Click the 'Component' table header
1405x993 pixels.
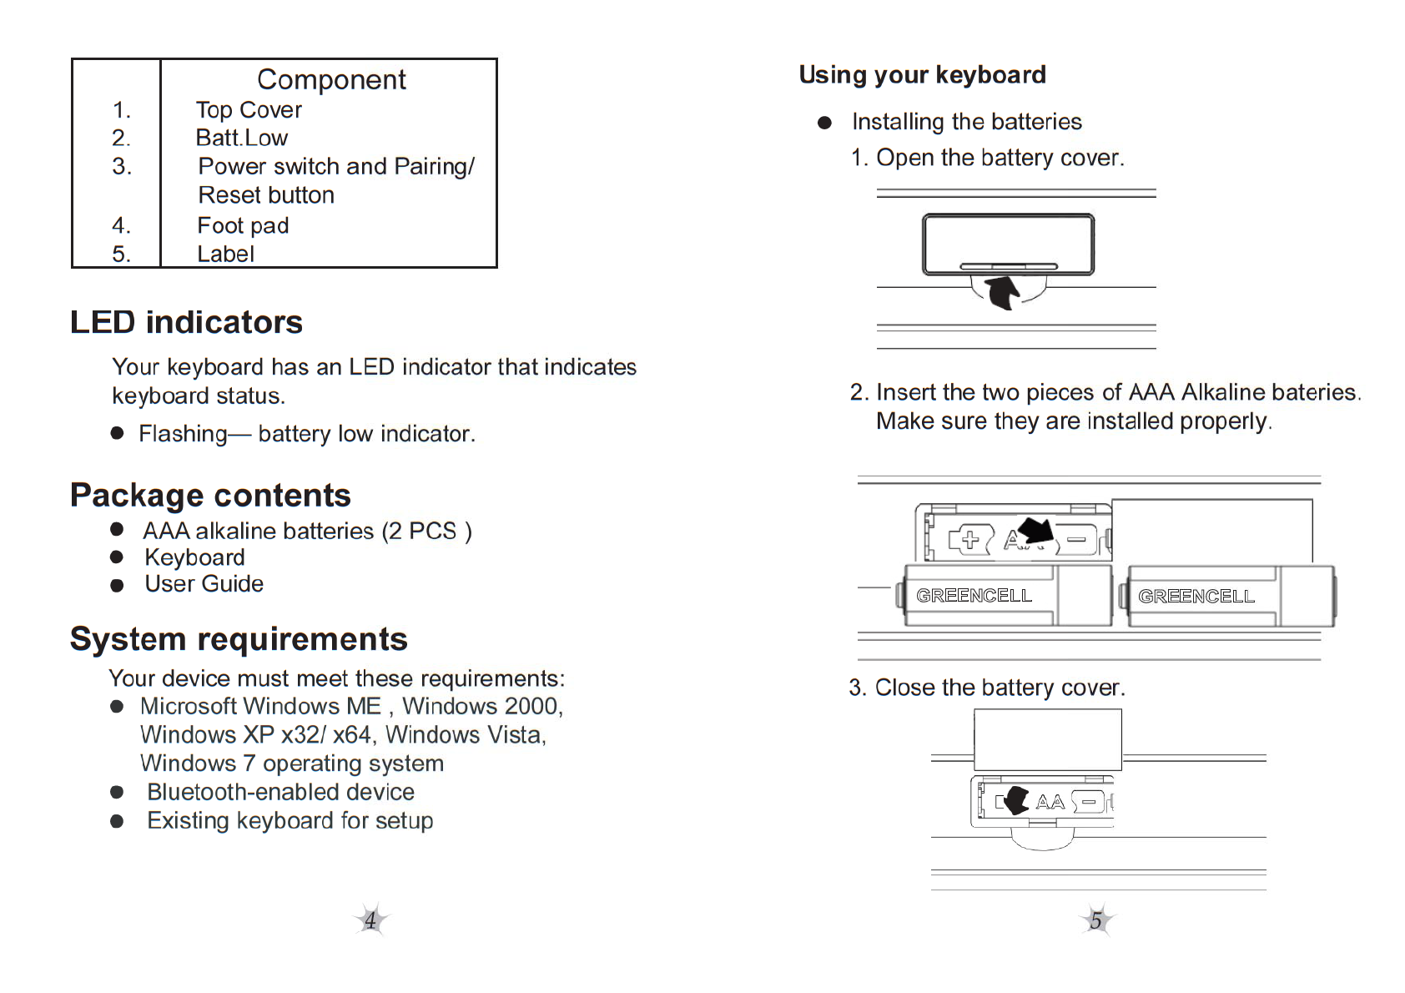tap(331, 79)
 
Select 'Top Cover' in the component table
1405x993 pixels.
tap(249, 110)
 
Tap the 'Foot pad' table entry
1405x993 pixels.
tap(243, 225)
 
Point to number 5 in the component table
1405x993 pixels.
tap(121, 254)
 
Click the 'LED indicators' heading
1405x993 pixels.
tap(186, 322)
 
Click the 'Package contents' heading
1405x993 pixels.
tap(210, 495)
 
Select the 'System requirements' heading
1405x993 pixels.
tap(239, 639)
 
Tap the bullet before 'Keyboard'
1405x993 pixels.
tap(117, 557)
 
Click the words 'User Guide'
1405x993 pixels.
tap(204, 584)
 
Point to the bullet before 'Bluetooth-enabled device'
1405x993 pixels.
tap(117, 792)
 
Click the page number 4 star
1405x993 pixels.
tap(370, 920)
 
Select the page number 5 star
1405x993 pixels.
tap(1096, 920)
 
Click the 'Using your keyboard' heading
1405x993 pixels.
tap(922, 75)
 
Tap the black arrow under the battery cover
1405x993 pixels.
tap(1003, 292)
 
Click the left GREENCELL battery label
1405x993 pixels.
tap(974, 596)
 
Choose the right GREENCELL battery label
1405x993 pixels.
tap(1196, 597)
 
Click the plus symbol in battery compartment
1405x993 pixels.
tap(969, 540)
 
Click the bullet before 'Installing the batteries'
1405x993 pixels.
tap(825, 123)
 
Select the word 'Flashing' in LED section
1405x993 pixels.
tap(183, 434)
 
